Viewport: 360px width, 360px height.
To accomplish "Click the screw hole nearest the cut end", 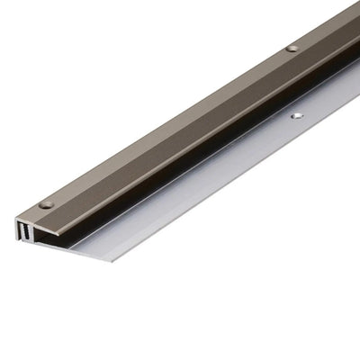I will pyautogui.click(x=47, y=204).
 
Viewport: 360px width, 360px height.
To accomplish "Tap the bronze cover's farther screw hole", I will pyautogui.click(x=292, y=48).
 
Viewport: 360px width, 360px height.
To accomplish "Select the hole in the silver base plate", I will pyautogui.click(x=297, y=115).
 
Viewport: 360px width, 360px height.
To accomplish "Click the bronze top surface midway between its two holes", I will pyautogui.click(x=171, y=125).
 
